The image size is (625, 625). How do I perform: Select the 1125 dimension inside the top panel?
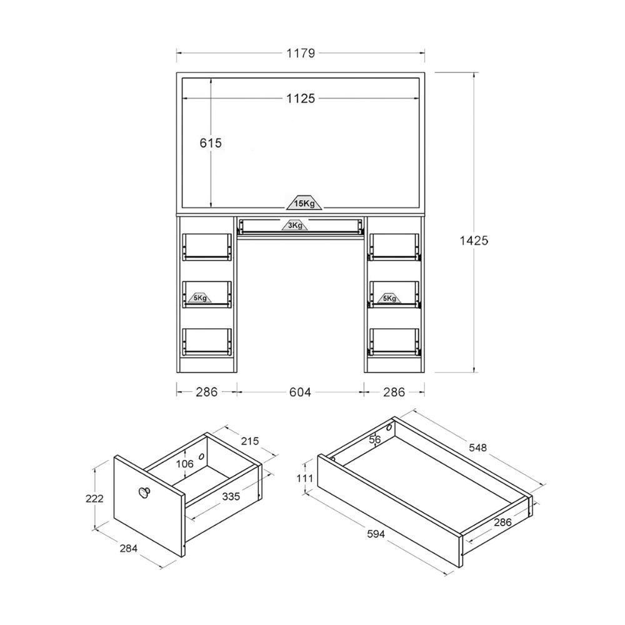[301, 98]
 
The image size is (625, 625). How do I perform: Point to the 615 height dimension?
[211, 142]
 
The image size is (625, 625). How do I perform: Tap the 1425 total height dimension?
[473, 239]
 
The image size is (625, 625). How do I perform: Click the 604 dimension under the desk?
[300, 392]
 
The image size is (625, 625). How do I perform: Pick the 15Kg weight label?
[304, 204]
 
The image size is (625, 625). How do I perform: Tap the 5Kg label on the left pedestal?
[200, 298]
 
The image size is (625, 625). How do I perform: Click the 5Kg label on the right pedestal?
[388, 298]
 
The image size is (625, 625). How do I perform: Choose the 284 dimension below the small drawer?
[127, 548]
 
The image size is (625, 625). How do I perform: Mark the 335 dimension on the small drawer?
[231, 497]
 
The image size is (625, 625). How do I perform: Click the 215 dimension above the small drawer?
[249, 441]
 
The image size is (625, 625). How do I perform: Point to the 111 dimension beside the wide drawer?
[305, 478]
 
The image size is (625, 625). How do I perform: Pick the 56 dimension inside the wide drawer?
[375, 439]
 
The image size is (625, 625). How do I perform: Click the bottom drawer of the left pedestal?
[207, 342]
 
